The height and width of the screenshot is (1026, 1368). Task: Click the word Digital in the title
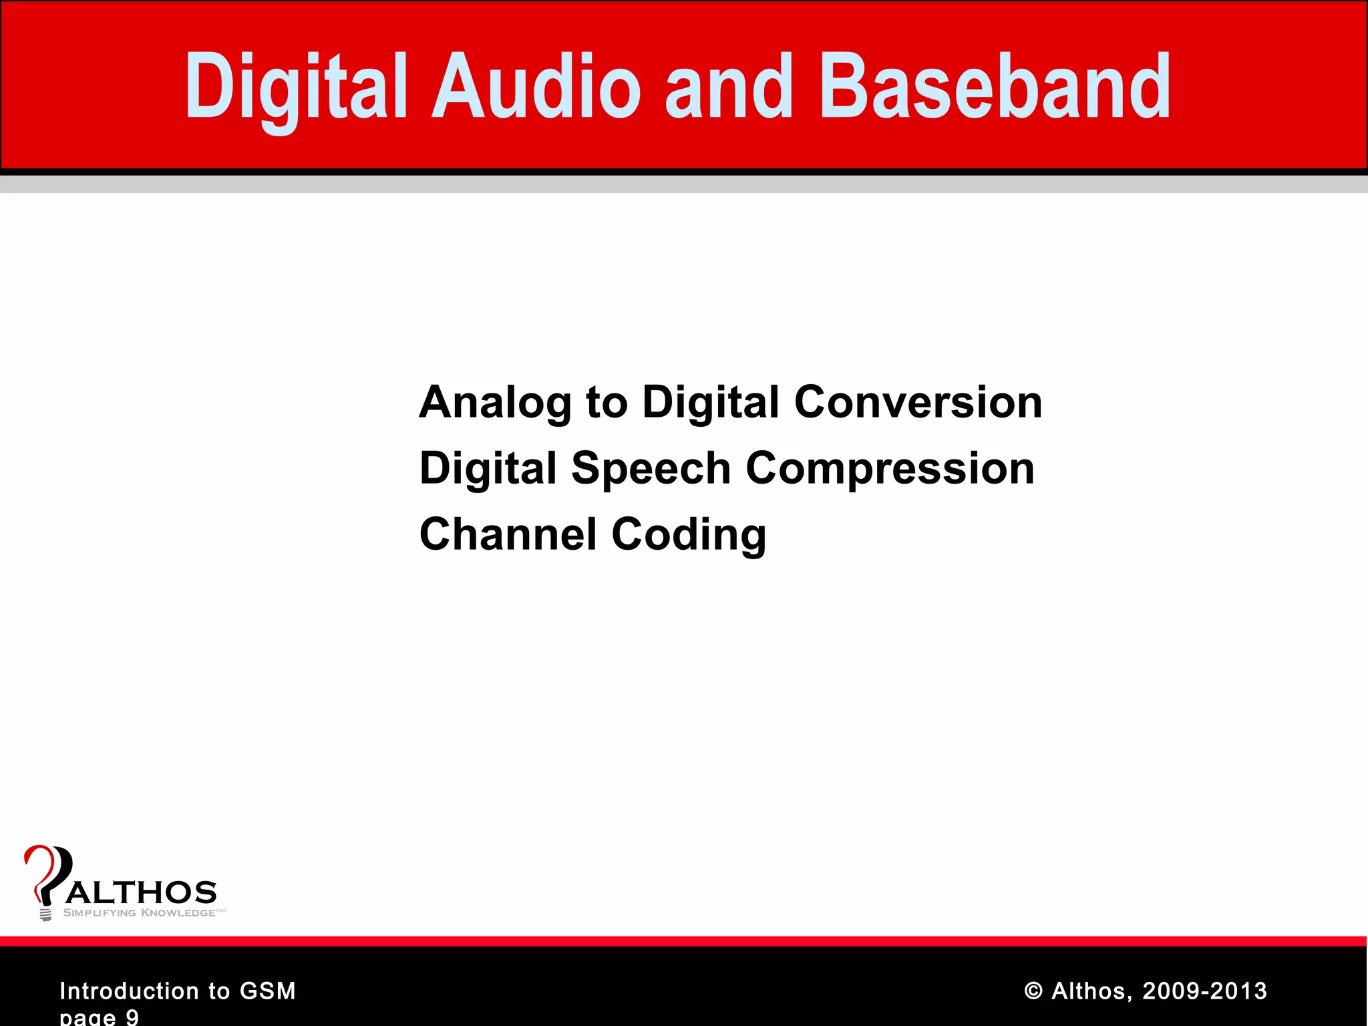[x=295, y=87]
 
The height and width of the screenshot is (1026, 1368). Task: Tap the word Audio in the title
[x=536, y=87]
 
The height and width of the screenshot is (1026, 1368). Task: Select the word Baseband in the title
[x=995, y=87]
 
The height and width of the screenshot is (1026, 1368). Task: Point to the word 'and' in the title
[x=729, y=87]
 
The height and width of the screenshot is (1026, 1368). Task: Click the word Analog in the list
[x=495, y=403]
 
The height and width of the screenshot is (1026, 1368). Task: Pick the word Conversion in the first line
[x=918, y=403]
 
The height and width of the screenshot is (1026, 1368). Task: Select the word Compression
[x=890, y=468]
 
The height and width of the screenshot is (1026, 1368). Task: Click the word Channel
[x=508, y=534]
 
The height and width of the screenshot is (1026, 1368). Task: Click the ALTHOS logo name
[x=142, y=892]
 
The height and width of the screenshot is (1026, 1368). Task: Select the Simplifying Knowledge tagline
[x=140, y=913]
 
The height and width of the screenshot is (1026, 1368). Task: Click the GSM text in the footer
[x=267, y=991]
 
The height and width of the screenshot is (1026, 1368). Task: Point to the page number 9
[x=132, y=1017]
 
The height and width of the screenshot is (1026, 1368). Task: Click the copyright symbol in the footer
[x=1033, y=991]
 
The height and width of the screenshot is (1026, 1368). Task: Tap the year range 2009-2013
[x=1204, y=991]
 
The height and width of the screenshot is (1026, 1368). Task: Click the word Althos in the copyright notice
[x=1091, y=991]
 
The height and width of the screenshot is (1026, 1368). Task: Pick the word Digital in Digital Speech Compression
[x=488, y=468]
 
